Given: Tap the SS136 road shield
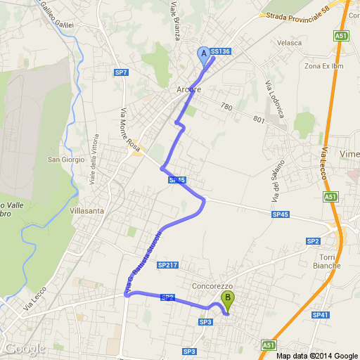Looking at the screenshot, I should [x=221, y=51].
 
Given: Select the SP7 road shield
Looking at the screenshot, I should [x=121, y=72].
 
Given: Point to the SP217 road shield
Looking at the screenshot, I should [x=167, y=265].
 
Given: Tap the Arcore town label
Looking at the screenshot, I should [x=188, y=90].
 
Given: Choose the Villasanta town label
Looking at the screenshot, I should [x=88, y=210].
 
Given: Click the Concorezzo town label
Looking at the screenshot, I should [x=212, y=287].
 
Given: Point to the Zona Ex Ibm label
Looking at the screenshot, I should [x=322, y=66].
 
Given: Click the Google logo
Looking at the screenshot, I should [x=25, y=348].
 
